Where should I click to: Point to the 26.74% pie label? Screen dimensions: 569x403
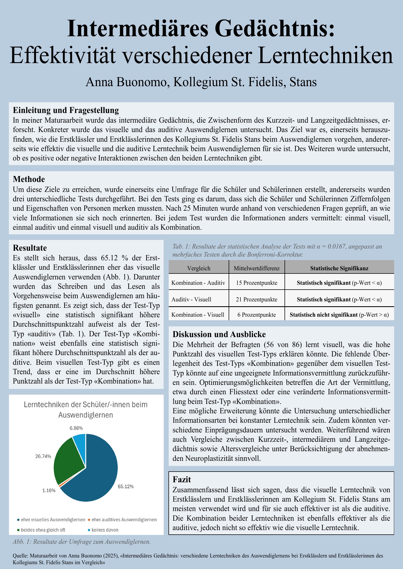43,456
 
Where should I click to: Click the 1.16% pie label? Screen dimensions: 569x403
49,490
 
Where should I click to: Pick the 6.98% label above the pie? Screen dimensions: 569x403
76,428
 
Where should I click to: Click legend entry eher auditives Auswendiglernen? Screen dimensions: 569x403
124,520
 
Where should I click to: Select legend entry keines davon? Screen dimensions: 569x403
105,530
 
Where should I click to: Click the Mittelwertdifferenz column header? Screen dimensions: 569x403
257,268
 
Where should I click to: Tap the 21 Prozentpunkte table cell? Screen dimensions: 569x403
257,300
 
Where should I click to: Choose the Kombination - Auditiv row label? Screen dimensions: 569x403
198,283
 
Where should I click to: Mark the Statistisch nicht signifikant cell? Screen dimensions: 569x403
339,315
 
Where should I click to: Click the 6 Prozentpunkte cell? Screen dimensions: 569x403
257,315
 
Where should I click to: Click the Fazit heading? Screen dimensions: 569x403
182,480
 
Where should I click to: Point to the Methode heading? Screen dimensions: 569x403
29,179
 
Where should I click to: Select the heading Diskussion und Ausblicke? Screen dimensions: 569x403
219,334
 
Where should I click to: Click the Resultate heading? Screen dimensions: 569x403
30,247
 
